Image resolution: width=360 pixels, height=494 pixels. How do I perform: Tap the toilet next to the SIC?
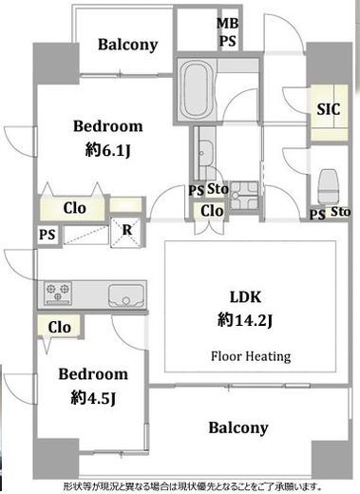(329, 187)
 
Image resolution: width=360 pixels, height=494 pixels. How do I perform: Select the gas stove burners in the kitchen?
(58, 293)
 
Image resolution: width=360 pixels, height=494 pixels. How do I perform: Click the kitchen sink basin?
(126, 295)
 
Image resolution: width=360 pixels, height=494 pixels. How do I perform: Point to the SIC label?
(329, 109)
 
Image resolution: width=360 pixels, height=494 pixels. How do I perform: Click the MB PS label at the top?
(228, 32)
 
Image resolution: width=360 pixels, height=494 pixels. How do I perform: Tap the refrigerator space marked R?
(127, 232)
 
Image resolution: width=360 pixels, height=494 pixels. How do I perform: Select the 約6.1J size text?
(107, 150)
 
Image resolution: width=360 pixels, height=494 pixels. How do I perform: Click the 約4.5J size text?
(93, 398)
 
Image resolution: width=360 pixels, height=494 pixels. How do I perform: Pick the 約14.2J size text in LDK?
(245, 320)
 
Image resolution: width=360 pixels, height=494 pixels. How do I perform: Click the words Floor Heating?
(251, 356)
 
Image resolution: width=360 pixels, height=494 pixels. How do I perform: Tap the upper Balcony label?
(127, 45)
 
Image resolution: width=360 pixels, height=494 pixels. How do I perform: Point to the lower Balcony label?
(238, 427)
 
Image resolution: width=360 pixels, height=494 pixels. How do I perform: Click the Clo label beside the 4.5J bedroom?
(60, 328)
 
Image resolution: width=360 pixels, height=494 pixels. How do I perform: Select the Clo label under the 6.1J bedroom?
(74, 208)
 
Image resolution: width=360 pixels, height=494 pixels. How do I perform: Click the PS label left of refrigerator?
(47, 235)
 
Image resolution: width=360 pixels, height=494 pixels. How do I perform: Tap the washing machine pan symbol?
(244, 196)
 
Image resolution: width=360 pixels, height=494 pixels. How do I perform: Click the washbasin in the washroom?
(205, 153)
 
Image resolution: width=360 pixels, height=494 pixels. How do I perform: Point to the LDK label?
(245, 297)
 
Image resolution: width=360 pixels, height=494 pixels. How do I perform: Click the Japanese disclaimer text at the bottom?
(193, 485)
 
